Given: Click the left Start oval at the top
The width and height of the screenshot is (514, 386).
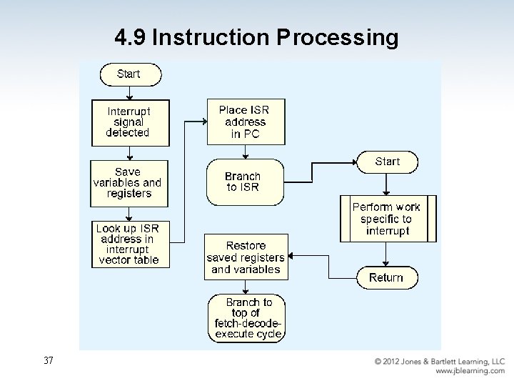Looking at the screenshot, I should point(129,74).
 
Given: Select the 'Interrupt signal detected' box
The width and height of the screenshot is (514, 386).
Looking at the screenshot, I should point(129,122).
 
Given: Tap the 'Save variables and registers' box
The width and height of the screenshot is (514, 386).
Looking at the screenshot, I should point(129,183).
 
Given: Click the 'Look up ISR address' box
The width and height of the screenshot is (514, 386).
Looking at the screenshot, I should point(130,244).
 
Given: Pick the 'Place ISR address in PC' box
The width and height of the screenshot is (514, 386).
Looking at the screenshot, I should point(246,122).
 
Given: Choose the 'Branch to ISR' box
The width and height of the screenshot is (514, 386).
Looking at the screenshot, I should point(244,182).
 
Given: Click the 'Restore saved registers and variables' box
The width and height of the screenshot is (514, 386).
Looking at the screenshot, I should point(246,257).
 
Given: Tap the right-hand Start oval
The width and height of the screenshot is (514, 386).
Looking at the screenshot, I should point(386,162).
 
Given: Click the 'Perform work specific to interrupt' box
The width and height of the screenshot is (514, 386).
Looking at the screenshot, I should point(388,219).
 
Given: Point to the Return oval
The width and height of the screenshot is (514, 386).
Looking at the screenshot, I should point(386,277).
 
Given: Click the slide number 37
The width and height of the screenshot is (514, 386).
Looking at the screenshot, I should point(49,361).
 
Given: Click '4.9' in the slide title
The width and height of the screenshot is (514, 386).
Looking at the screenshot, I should point(131,37).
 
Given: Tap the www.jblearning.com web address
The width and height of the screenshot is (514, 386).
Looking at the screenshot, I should point(470,371).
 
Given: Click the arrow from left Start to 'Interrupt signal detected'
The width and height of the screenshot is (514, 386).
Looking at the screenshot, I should point(129,93).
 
